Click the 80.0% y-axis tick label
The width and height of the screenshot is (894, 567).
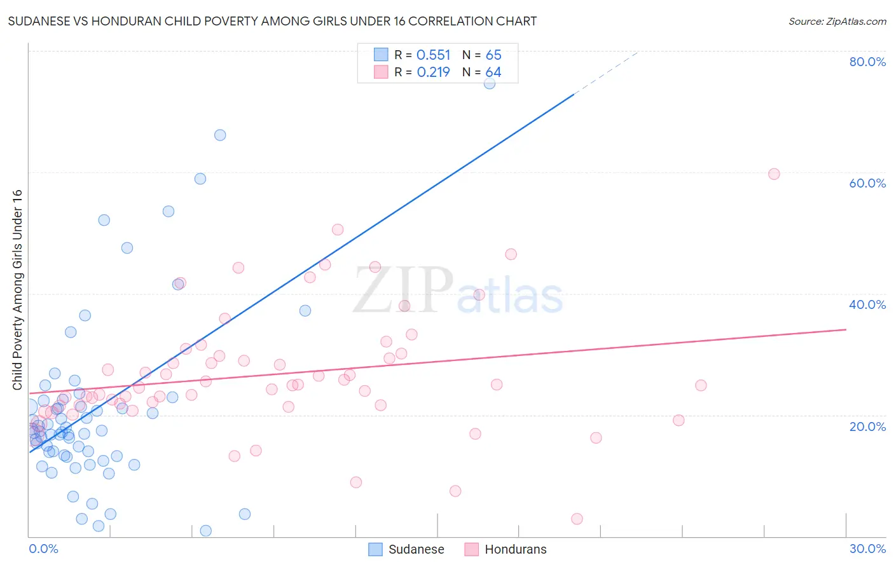click(x=867, y=62)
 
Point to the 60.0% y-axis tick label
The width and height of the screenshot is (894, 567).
click(x=867, y=183)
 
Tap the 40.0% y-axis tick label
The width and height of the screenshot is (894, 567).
click(x=867, y=304)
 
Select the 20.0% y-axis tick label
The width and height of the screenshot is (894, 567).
click(x=867, y=427)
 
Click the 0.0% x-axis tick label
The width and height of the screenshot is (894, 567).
click(x=43, y=549)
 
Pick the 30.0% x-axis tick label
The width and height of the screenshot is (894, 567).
click(x=867, y=549)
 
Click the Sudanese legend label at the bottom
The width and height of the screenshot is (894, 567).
click(x=416, y=549)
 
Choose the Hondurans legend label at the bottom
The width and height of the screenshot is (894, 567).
click(x=515, y=549)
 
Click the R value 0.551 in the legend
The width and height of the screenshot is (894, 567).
click(x=433, y=55)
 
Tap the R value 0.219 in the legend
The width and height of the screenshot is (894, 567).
click(x=433, y=72)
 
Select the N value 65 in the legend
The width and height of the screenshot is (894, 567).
click(x=493, y=55)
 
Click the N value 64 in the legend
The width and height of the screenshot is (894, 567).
click(x=493, y=72)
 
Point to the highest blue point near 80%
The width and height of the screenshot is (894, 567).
click(x=489, y=83)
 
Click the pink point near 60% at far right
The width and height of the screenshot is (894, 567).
click(x=774, y=174)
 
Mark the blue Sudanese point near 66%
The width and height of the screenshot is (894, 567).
click(x=220, y=135)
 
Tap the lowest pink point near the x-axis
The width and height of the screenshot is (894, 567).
click(x=577, y=519)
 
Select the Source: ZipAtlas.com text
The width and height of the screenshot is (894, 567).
click(x=837, y=22)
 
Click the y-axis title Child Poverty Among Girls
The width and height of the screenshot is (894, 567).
click(x=17, y=290)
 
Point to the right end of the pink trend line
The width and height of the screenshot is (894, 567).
click(x=846, y=329)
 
